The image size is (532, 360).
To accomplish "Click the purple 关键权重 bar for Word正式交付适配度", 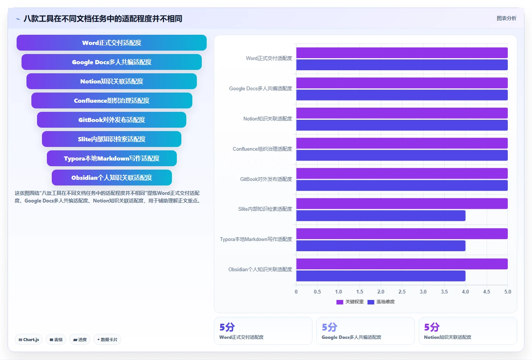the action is pyautogui.click(x=402, y=53).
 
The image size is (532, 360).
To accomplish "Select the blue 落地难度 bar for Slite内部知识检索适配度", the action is pyautogui.click(x=381, y=216).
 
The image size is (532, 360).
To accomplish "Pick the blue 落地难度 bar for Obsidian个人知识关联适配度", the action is pyautogui.click(x=381, y=276).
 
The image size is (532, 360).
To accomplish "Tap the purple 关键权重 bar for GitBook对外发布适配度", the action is pyautogui.click(x=402, y=173).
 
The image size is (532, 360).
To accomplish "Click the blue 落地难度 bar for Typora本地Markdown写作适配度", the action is pyautogui.click(x=381, y=246).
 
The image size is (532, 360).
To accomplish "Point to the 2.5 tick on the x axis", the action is pyautogui.click(x=402, y=292).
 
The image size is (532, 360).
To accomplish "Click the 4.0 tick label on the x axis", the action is pyautogui.click(x=465, y=292).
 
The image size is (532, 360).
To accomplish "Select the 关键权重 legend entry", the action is pyautogui.click(x=350, y=302).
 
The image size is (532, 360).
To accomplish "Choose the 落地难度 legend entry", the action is pyautogui.click(x=381, y=302).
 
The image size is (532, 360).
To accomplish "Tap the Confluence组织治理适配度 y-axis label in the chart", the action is pyautogui.click(x=262, y=149).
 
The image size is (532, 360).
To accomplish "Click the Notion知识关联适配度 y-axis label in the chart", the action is pyautogui.click(x=268, y=119).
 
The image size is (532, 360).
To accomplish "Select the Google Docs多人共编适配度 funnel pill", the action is pyautogui.click(x=111, y=62).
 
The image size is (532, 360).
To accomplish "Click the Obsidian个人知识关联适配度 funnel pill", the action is pyautogui.click(x=111, y=178).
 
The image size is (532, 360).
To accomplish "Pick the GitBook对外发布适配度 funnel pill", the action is pyautogui.click(x=111, y=120).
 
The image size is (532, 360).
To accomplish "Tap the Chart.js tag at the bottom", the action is pyautogui.click(x=29, y=340).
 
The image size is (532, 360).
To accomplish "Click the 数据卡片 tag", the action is pyautogui.click(x=107, y=340).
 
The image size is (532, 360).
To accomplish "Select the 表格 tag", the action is pyautogui.click(x=56, y=340).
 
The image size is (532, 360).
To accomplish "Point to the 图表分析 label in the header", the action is pyautogui.click(x=506, y=18).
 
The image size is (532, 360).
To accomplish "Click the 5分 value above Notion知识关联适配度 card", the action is pyautogui.click(x=431, y=327).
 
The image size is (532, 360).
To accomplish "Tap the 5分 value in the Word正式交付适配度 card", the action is pyautogui.click(x=227, y=327).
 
